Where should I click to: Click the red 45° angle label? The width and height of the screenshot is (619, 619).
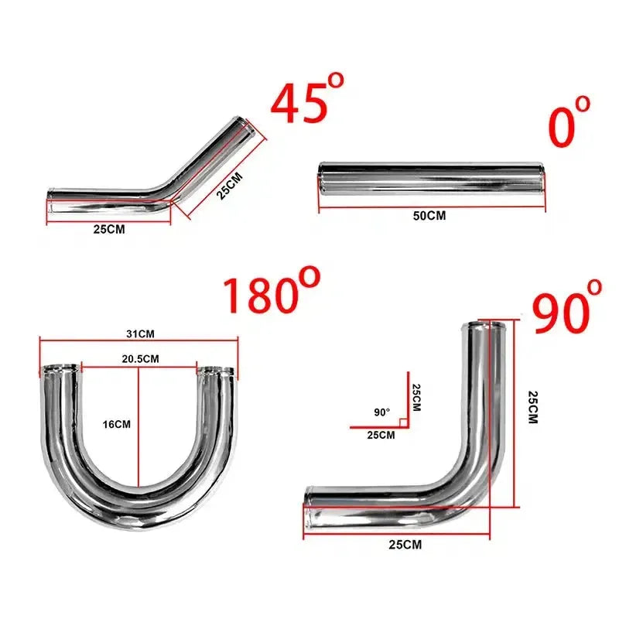[x=307, y=100]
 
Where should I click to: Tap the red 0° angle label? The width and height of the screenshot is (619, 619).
[x=569, y=121]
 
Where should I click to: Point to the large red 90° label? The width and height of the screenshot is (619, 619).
[x=567, y=306]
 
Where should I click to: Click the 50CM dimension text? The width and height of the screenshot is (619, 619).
[x=429, y=216]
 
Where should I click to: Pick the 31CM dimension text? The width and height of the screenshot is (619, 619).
[x=140, y=334]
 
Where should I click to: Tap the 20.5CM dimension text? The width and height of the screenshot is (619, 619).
[x=140, y=359]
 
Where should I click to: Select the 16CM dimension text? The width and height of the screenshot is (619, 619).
[x=117, y=424]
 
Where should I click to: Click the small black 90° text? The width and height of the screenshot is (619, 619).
[x=381, y=412]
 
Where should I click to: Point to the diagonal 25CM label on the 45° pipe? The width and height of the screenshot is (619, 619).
[x=229, y=186]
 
